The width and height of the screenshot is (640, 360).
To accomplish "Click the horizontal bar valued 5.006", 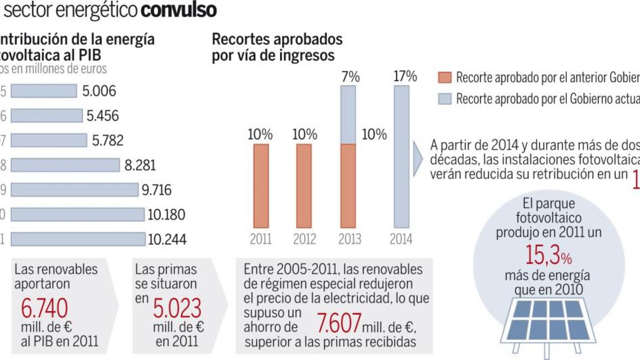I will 44,91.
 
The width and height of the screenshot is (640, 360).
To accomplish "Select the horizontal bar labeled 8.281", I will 65,165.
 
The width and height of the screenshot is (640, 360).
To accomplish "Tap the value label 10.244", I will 167,239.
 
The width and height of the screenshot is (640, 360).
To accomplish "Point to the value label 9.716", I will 156,190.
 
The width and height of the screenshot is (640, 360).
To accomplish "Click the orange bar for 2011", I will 261,186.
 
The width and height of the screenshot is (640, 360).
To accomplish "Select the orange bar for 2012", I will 304,186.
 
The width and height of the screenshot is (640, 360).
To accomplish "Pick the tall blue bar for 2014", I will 401,157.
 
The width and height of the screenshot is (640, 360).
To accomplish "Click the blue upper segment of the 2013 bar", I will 348,115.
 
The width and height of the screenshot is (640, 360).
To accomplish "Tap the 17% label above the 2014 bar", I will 405,76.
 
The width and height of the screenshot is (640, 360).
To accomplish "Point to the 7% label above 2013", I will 350,76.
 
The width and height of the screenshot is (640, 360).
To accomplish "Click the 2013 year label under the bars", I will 350,239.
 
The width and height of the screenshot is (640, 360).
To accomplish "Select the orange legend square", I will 444,77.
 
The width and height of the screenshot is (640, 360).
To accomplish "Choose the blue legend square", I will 444,98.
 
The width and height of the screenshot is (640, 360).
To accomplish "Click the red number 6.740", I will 44,308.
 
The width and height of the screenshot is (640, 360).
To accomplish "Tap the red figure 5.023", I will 177,308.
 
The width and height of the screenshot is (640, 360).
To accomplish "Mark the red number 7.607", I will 339,323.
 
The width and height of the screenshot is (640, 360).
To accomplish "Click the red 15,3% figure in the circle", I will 548,255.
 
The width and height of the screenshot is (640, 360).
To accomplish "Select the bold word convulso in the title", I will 179,10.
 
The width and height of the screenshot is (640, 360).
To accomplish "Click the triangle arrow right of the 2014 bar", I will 417,158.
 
